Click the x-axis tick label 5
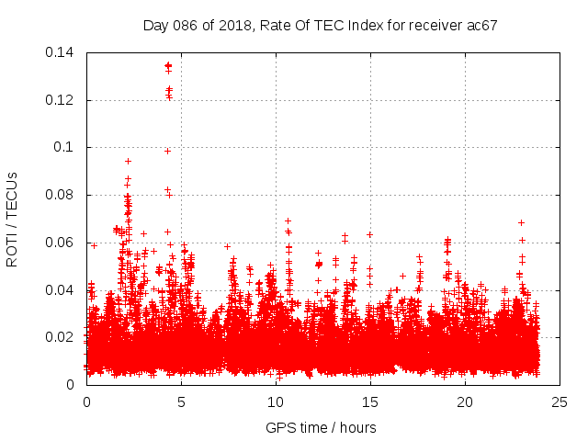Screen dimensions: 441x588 [x=181, y=401]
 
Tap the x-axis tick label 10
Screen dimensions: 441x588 [x=276, y=401]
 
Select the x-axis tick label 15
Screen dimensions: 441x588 [x=370, y=401]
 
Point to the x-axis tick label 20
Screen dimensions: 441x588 [x=465, y=401]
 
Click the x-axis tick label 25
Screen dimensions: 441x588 [x=560, y=401]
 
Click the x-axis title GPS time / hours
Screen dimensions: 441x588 [x=321, y=427]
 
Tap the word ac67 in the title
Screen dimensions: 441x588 [x=481, y=26]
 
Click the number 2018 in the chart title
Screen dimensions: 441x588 [x=235, y=26]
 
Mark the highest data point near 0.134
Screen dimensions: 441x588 [x=168, y=66]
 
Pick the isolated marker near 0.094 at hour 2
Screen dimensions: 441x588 [x=128, y=161]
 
